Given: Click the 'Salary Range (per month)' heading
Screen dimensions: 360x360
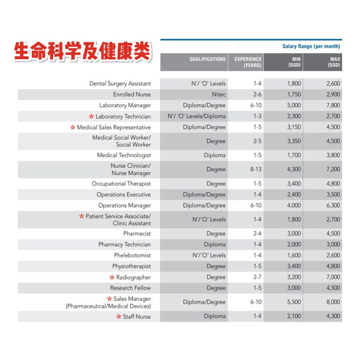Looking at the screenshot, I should coord(311,46).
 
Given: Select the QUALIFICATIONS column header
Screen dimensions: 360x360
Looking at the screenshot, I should coord(207,59).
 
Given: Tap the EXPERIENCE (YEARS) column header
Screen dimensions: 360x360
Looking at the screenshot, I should coord(248,62).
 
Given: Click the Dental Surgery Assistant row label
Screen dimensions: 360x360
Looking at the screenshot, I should coord(120,84).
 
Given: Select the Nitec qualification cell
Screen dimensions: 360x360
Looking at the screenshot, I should coord(218,94).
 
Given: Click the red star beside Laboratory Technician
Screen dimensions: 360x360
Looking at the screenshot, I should coord(91,116).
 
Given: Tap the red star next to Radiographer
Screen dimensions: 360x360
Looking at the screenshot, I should coord(112,277).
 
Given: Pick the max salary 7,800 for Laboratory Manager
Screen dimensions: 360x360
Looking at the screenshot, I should coord(333,105).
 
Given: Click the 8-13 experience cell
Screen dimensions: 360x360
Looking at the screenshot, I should coord(256,169).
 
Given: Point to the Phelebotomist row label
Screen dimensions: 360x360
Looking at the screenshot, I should coord(132,255).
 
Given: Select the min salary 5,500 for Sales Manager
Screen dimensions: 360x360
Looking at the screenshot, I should coord(294,302).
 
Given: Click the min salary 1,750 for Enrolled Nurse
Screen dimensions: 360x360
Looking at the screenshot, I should coord(294,94).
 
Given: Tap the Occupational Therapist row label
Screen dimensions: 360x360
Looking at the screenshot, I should coord(121,184).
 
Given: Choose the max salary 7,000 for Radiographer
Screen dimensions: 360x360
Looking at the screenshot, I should coord(333,277).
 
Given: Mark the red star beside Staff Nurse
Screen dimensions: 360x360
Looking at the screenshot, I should coord(118,317).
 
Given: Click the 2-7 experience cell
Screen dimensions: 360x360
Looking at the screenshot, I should coord(257,277).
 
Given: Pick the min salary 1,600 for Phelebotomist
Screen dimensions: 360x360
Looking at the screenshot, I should coord(294,255).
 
